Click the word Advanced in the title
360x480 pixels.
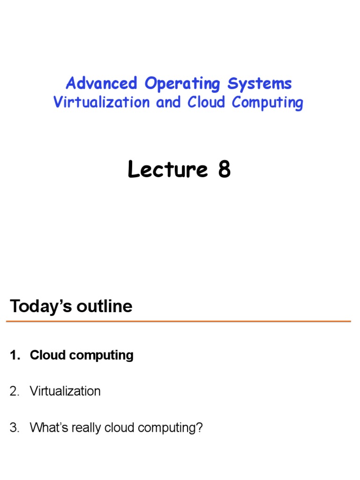coord(101,84)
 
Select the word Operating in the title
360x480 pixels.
coord(182,84)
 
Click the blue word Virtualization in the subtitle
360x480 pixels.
coord(101,103)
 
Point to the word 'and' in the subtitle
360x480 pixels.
coord(168,103)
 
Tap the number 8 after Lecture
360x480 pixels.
coord(224,170)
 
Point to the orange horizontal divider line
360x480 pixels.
coord(178,322)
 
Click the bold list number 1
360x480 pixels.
coord(15,355)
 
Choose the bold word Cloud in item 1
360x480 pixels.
coord(45,355)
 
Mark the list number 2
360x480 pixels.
coord(15,391)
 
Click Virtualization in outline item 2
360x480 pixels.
coord(65,391)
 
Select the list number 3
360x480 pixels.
coord(15,427)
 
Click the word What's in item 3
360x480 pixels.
coord(47,427)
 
